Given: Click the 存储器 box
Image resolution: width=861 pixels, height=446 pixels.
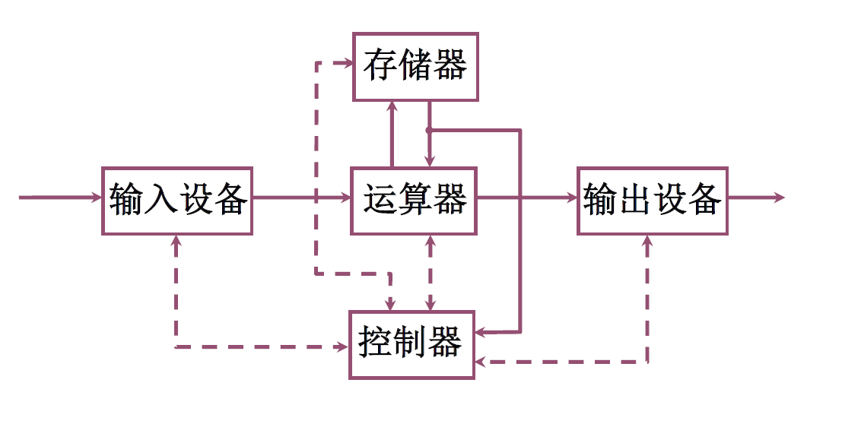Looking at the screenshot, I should [415, 67].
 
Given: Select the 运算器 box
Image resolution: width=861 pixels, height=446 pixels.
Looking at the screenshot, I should [414, 201].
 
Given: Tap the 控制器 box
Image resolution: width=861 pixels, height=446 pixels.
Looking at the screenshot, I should [411, 344].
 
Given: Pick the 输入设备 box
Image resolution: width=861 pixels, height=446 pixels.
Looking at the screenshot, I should [177, 201].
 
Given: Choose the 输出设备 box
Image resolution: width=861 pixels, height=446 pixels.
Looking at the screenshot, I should [652, 201].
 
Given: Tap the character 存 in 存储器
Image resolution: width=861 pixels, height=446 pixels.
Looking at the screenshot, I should [380, 67].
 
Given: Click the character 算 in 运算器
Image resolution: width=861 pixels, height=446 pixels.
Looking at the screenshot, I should [415, 201].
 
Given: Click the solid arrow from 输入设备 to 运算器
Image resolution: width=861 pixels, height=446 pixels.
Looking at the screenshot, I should [301, 198].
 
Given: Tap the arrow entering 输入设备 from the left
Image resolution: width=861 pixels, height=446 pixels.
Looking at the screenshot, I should [61, 198].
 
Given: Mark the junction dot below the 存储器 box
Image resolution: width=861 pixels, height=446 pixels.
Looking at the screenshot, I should [429, 130].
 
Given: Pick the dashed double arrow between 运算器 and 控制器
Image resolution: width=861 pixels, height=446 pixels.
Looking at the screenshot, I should [430, 273].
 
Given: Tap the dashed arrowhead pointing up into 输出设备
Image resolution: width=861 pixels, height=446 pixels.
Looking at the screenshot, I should [647, 242].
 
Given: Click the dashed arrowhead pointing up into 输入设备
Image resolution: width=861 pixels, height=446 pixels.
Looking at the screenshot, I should [176, 242].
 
